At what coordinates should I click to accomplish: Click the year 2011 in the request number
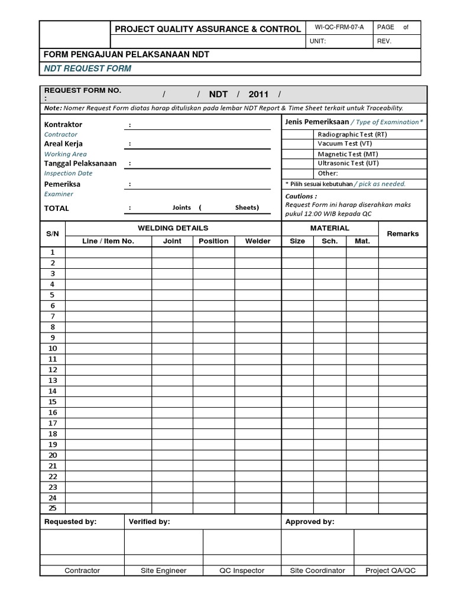258,95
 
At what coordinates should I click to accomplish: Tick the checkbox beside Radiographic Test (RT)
297,134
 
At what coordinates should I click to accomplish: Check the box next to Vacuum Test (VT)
297,144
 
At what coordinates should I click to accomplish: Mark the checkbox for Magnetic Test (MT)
297,154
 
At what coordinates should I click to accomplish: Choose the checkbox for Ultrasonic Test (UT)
297,163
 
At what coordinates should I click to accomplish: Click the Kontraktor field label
63,125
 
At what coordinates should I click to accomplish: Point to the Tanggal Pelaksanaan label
80,164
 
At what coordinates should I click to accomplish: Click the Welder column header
258,241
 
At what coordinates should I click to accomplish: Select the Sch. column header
329,241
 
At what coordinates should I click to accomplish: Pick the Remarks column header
403,234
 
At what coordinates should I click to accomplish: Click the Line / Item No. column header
108,241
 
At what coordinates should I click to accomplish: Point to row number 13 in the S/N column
53,380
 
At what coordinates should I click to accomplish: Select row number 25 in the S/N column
53,508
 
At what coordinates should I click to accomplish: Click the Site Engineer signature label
163,571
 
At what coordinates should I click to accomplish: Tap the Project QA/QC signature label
390,571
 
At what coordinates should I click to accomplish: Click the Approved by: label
309,522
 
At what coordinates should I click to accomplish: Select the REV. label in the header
384,41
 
